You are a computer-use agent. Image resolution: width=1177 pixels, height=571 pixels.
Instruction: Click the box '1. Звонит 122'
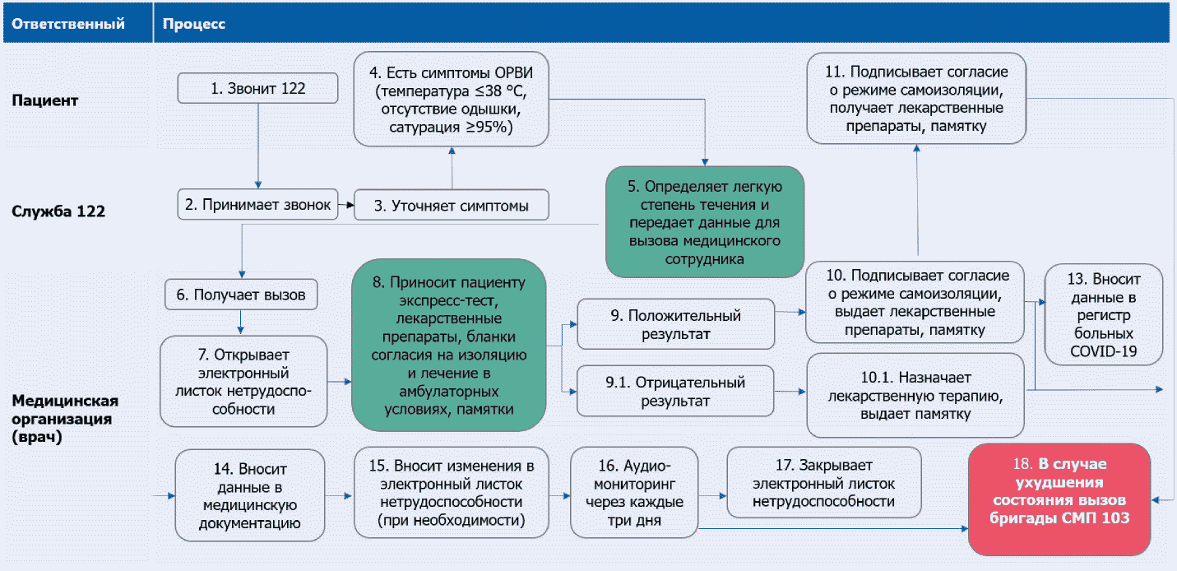coord(258,89)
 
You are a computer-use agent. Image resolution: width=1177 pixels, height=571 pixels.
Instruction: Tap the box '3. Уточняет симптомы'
coord(452,206)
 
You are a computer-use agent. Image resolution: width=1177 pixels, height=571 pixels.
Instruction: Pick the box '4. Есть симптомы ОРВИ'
coord(452,98)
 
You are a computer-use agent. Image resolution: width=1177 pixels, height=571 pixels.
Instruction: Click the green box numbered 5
coord(705,220)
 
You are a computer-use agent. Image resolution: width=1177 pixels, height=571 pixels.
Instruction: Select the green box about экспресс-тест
coord(449,346)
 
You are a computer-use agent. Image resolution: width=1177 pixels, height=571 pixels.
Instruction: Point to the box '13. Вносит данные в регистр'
coord(1104,313)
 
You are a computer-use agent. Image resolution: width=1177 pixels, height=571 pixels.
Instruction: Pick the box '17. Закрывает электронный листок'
coord(824,482)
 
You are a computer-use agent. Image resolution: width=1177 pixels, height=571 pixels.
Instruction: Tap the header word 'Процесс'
coord(194,24)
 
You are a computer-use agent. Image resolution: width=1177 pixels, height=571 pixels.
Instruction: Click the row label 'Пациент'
coord(45,100)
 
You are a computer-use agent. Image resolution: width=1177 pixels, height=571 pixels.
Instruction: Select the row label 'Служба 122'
coord(58,211)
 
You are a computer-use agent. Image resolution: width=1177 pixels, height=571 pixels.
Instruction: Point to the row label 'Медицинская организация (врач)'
coord(65,418)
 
